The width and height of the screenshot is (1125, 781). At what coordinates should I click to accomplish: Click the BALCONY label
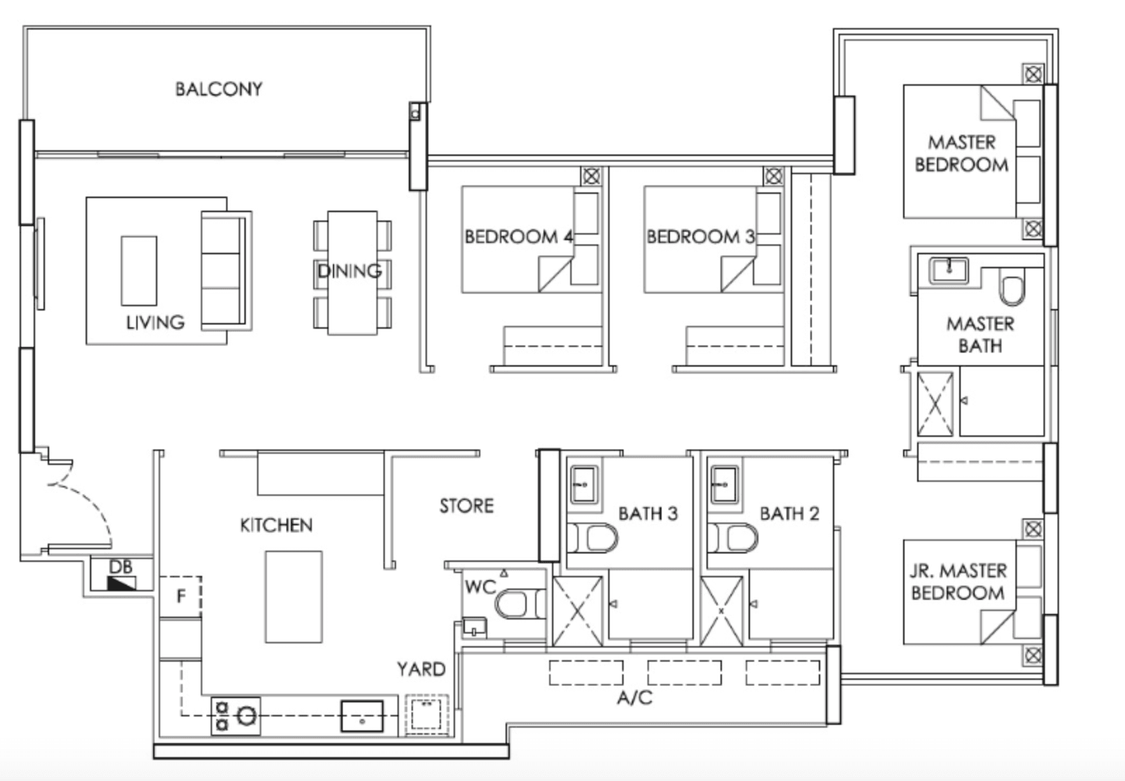pos(218,89)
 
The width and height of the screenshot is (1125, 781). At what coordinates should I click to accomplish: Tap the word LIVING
pos(155,322)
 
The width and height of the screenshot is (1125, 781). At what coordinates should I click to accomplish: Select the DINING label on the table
pos(350,271)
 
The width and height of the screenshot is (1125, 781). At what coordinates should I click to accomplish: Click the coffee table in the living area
pos(138,270)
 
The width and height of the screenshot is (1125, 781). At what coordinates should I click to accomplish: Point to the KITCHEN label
pos(276,525)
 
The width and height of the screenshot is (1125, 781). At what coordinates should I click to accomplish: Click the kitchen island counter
pos(294,597)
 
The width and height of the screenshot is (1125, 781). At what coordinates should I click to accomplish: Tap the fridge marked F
pos(180,597)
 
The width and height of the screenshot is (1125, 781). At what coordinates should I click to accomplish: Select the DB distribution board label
pos(121,567)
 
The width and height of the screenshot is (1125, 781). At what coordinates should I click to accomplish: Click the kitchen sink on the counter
pos(362,716)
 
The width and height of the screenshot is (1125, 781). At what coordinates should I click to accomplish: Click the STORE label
pos(466,506)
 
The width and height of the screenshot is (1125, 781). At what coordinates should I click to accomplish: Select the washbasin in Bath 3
pos(584,484)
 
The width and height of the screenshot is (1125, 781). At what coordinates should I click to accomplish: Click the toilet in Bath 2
pos(732,538)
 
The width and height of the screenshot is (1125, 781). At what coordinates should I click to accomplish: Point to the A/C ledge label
pos(635,697)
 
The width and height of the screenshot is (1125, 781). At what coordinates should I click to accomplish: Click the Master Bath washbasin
pos(949,270)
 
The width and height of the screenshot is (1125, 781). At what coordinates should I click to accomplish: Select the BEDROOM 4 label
pos(519,237)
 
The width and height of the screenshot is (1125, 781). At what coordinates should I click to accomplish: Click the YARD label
pos(421,669)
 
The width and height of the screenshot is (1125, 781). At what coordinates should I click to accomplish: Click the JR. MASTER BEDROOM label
pos(959,582)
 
